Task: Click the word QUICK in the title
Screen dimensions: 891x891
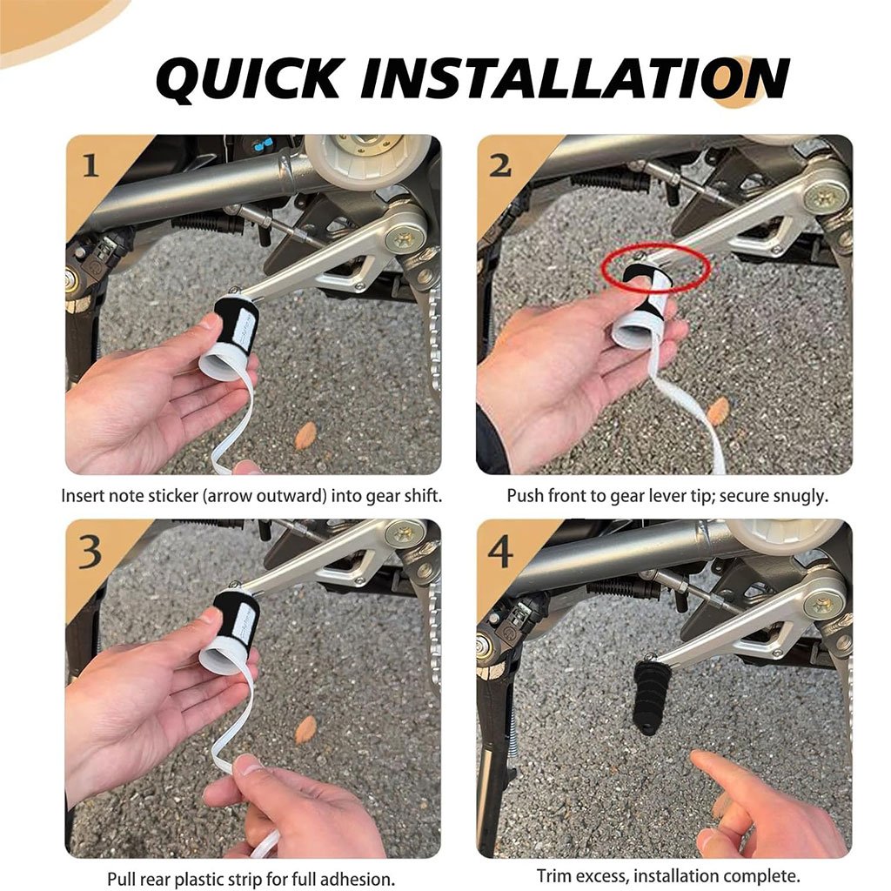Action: click(247, 79)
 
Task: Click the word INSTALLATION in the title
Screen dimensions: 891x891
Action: click(575, 78)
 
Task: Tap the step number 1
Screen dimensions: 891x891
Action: click(90, 166)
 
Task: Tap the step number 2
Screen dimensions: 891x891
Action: click(500, 166)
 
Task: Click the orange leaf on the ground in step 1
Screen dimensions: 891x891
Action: click(305, 435)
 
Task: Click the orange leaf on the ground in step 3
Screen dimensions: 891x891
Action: click(305, 729)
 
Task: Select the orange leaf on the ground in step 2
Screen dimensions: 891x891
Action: click(718, 411)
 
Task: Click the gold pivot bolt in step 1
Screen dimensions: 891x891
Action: click(406, 238)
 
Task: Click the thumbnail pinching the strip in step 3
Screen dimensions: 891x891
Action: click(248, 764)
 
